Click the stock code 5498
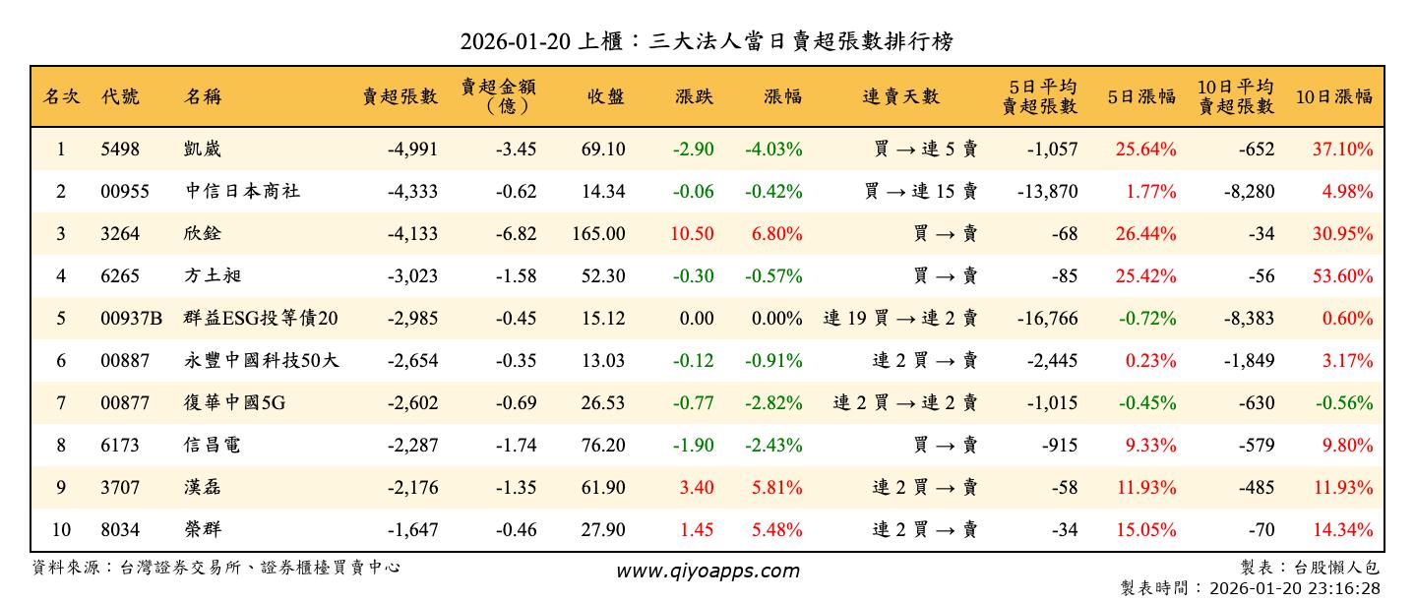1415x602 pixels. [120, 150]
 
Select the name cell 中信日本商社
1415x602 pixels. [242, 192]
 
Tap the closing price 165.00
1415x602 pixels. [598, 234]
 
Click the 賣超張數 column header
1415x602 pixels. [400, 96]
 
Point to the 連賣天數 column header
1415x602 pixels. [900, 96]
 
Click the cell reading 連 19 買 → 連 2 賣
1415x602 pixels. [900, 319]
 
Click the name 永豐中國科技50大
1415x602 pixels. [261, 361]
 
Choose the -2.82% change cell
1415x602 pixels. [773, 403]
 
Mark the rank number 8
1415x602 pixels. [61, 446]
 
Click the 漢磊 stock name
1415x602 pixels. [203, 488]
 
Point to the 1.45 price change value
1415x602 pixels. [697, 530]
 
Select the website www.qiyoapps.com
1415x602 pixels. [707, 572]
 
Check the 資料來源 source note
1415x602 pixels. [216, 568]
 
